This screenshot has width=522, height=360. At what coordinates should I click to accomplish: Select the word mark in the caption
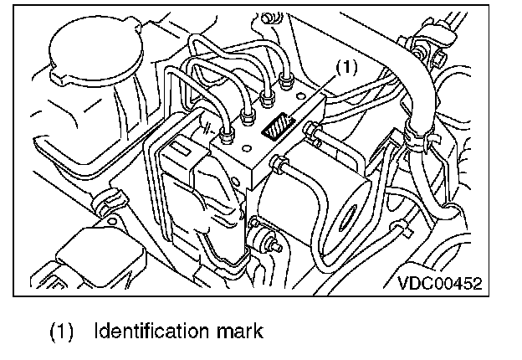[x=238, y=331]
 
